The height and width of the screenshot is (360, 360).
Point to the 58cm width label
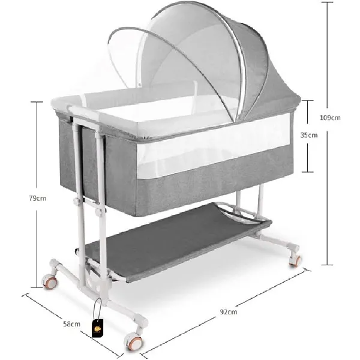pos(71,324)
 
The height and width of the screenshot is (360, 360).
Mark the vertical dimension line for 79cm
pos(38,150)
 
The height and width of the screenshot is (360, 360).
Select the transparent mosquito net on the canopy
pos(150,66)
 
